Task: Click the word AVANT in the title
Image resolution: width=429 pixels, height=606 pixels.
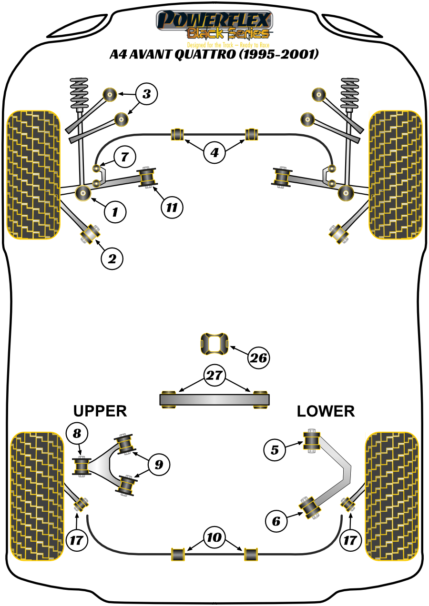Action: point(153,54)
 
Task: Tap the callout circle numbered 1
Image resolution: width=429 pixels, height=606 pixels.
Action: point(114,211)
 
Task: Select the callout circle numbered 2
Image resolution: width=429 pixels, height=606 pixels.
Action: point(112,258)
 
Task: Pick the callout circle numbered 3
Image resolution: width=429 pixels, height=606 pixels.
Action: point(146,94)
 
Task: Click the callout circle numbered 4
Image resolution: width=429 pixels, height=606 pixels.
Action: point(214,153)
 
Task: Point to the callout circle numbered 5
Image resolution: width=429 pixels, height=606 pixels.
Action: point(275,449)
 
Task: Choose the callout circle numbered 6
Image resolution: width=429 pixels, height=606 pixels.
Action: point(276,522)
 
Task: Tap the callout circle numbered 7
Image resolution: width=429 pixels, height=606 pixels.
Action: point(124,156)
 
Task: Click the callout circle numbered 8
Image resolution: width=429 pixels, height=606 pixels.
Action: point(77,433)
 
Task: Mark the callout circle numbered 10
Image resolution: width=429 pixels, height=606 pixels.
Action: point(214,538)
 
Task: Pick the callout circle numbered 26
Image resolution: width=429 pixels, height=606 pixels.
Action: point(258,358)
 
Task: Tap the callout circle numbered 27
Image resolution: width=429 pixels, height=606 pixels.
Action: point(214,375)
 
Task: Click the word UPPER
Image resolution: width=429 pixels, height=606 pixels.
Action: point(100,411)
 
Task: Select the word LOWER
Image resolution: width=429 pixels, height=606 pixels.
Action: point(326,411)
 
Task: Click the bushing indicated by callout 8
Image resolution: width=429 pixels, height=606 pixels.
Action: point(81,466)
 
